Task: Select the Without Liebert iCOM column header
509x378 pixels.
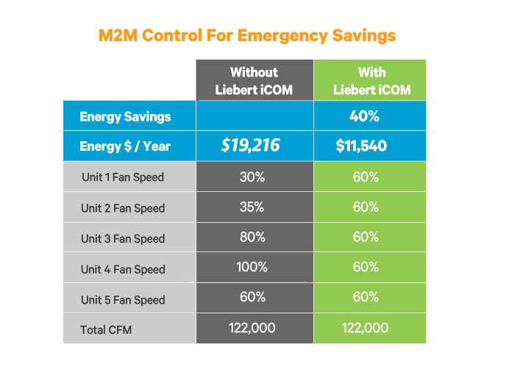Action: tap(254, 81)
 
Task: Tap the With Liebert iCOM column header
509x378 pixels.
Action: tap(371, 81)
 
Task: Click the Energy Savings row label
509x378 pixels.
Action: tap(125, 117)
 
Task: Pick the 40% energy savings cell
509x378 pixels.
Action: tap(371, 117)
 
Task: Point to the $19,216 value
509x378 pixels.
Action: tap(251, 146)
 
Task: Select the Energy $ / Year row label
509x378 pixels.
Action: tap(125, 146)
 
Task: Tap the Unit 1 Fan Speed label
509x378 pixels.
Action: tap(123, 177)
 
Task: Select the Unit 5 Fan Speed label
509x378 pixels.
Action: tap(123, 299)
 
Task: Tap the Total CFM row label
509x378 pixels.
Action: tap(107, 329)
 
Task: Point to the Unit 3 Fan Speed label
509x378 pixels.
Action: tap(123, 238)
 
